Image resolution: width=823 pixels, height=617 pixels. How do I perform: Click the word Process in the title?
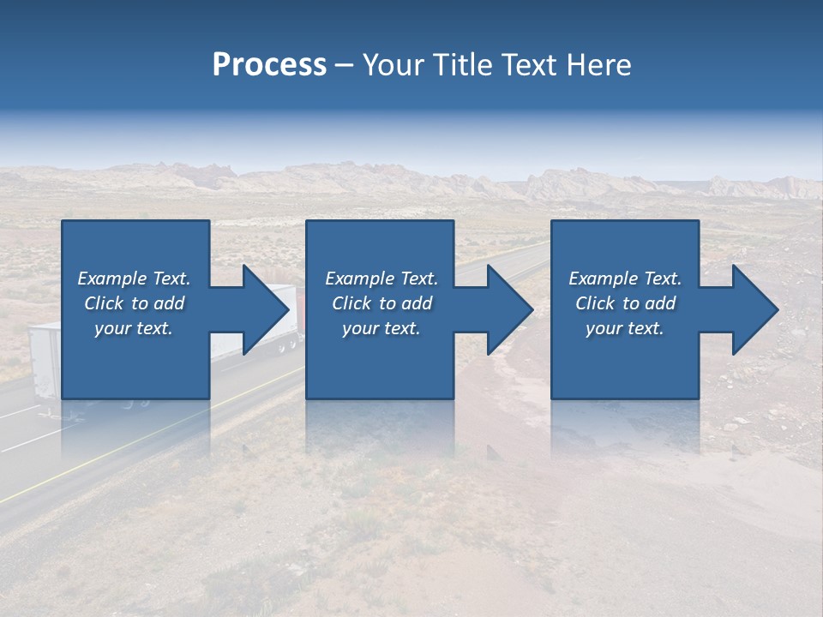(269, 65)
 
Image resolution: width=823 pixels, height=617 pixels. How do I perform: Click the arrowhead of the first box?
(267, 309)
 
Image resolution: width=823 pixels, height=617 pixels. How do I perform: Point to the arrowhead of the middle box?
(511, 309)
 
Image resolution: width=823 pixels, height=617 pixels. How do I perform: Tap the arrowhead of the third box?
(755, 309)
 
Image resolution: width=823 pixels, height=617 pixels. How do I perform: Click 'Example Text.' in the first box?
(134, 279)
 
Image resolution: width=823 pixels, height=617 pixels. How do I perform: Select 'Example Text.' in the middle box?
(381, 279)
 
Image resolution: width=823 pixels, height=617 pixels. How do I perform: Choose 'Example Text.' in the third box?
(625, 279)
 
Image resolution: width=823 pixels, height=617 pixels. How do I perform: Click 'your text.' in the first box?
(134, 328)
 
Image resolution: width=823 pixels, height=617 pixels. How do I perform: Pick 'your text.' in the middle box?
(381, 328)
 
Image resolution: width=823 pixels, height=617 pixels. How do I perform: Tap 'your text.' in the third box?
(625, 328)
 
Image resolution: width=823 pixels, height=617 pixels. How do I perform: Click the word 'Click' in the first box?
(104, 303)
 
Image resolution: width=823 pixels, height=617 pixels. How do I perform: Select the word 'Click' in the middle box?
(351, 303)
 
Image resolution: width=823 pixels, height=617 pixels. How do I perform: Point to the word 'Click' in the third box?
(595, 303)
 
